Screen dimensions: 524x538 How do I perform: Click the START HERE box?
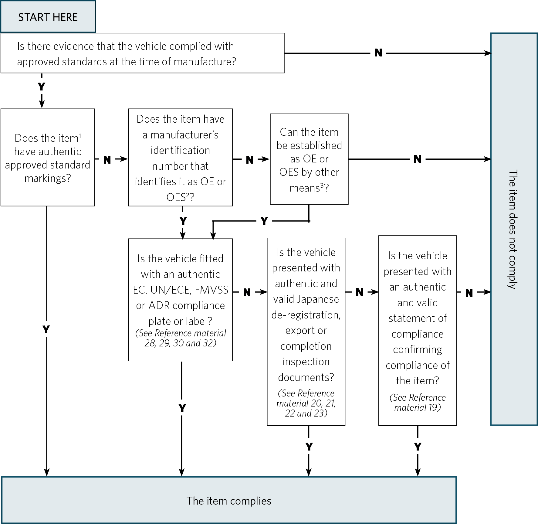(48, 17)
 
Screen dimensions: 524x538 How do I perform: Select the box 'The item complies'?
(229, 501)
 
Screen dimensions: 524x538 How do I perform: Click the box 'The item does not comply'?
(514, 229)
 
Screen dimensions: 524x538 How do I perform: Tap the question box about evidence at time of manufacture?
(142, 53)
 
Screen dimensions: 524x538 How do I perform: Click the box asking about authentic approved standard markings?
(48, 158)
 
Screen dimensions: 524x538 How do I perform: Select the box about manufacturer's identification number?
(180, 158)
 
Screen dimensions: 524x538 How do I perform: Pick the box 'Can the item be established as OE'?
(309, 159)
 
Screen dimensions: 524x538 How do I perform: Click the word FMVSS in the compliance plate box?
(211, 290)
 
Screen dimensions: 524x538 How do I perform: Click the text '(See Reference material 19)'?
(418, 402)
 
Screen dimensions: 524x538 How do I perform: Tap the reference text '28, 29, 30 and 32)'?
(180, 343)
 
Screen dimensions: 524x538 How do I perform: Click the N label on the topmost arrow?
(378, 53)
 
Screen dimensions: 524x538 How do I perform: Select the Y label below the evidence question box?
(42, 87)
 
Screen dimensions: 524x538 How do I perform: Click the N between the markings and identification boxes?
(107, 160)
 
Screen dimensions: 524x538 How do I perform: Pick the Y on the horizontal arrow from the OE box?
(264, 221)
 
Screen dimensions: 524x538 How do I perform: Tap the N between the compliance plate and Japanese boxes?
(247, 292)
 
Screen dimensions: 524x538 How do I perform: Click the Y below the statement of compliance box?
(418, 447)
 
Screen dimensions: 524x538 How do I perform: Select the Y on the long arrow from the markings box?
(46, 329)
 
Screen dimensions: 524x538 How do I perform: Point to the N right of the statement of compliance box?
(469, 293)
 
